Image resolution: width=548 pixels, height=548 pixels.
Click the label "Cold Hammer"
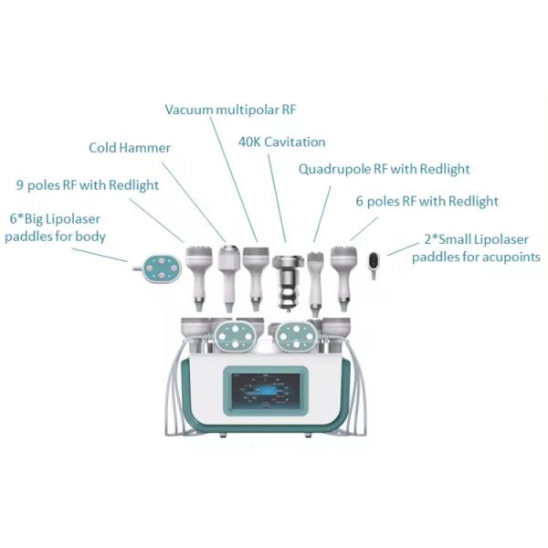pyautogui.click(x=130, y=147)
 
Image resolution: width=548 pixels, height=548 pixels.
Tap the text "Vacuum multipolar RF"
pyautogui.click(x=231, y=110)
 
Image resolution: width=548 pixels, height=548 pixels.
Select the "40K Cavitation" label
pyautogui.click(x=281, y=142)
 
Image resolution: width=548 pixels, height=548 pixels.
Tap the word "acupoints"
pyautogui.click(x=507, y=258)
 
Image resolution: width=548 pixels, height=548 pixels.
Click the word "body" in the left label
pyautogui.click(x=90, y=237)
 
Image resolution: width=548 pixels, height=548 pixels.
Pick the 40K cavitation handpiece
pyautogui.click(x=288, y=281)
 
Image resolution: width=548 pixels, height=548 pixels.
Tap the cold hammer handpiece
pyautogui.click(x=227, y=274)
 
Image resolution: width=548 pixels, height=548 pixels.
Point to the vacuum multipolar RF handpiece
pyautogui.click(x=255, y=274)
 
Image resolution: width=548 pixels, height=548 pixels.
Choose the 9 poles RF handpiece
pyautogui.click(x=200, y=274)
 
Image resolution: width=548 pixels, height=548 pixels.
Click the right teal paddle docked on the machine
pyautogui.click(x=298, y=334)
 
